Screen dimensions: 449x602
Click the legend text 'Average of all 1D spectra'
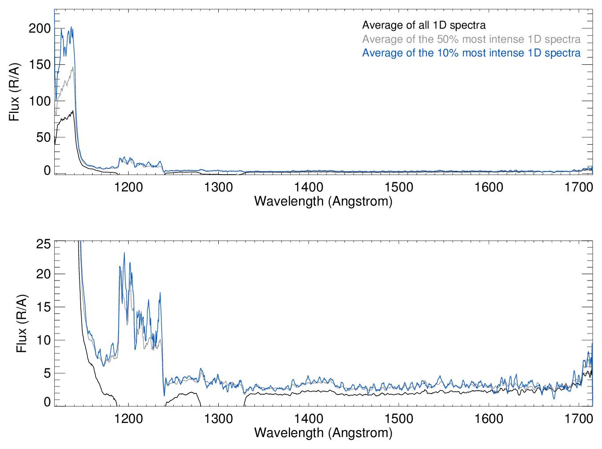point(424,25)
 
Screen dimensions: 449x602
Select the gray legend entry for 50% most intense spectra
point(471,39)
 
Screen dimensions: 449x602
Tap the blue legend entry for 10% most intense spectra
point(471,53)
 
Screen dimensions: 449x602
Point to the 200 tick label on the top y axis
point(40,29)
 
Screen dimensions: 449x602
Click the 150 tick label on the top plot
point(40,65)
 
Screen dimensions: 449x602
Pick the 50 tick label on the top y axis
point(43,137)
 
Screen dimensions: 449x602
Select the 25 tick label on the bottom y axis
point(44,244)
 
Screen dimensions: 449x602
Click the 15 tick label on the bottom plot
point(44,307)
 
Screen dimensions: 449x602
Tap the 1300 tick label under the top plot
point(218,187)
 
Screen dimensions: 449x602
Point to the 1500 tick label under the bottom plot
point(399,419)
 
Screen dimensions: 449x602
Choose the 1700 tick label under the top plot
point(579,187)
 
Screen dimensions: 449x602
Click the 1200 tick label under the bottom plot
point(128,419)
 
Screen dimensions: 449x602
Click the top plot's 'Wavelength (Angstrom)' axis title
point(323,202)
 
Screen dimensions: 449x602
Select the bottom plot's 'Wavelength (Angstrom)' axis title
point(323,433)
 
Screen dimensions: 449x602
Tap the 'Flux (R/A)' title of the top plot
point(14,92)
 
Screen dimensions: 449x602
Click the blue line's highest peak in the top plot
point(71,27)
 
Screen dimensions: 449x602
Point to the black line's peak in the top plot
point(72,111)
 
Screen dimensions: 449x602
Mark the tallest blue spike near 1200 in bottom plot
point(124,253)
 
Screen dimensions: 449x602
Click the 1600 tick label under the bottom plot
point(489,419)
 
